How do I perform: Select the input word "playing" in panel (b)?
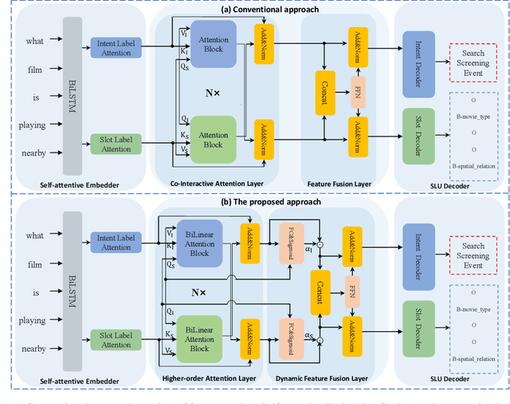coord(32,320)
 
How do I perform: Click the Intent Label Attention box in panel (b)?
coord(116,242)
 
